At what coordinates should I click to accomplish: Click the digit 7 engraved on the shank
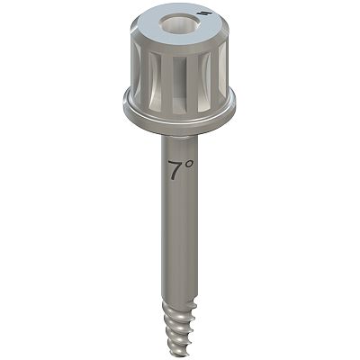[x=175, y=170]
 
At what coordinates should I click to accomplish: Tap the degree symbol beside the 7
[x=188, y=164]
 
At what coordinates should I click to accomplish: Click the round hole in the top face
[x=178, y=23]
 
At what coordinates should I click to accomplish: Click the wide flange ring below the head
[x=179, y=120]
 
